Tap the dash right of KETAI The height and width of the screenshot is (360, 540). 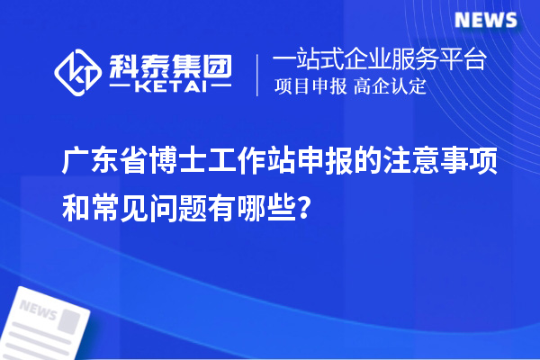[x=218, y=87]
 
